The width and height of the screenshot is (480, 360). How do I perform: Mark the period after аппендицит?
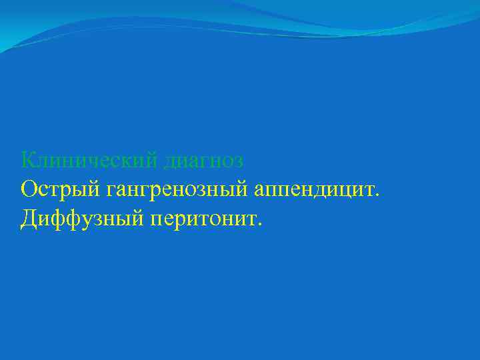click(x=378, y=195)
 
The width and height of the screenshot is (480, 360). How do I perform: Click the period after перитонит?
click(x=260, y=223)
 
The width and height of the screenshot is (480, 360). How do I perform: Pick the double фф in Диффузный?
click(x=67, y=219)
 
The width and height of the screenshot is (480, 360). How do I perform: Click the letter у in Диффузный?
click(x=86, y=220)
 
